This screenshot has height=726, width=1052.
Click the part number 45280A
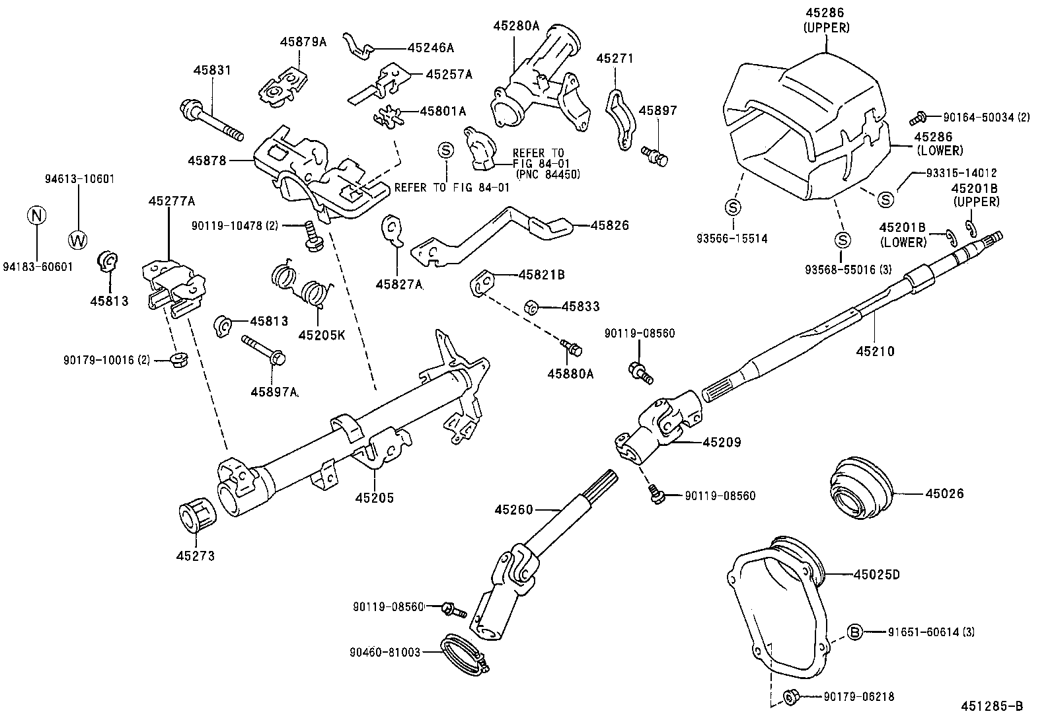point(516,26)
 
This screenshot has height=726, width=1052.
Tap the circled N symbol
point(37,215)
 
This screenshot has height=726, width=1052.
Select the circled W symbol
point(77,240)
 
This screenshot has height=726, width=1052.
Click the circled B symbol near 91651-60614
point(854,632)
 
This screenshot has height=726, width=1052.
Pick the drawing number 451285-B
point(992,706)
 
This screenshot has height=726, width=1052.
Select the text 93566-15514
point(732,238)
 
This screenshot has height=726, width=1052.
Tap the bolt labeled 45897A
point(263,349)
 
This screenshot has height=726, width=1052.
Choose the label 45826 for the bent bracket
point(609,225)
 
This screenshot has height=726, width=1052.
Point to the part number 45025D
point(876,574)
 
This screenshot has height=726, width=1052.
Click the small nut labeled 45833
point(531,307)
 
